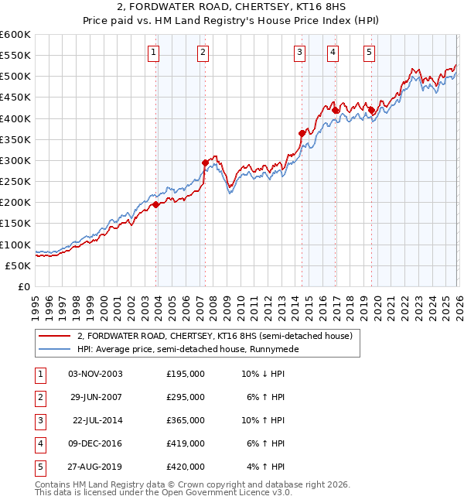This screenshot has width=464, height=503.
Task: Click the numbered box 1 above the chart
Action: click(153, 53)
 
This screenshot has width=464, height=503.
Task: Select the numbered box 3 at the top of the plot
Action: click(299, 53)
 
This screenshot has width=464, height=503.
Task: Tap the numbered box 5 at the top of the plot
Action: click(369, 53)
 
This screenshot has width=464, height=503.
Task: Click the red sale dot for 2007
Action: click(205, 163)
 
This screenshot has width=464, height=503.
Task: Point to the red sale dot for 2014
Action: click(302, 133)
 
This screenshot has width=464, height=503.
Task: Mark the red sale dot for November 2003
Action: click(155, 204)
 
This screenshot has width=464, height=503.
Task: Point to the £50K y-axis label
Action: click(18, 265)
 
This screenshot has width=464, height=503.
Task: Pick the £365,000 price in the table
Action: click(186, 420)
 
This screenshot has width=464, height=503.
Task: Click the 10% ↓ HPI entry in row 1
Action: click(263, 374)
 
